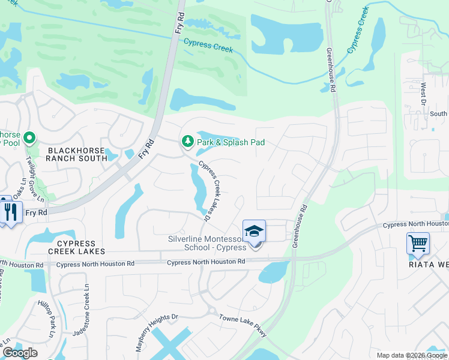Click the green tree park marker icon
187,142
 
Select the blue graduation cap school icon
254,231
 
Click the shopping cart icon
418,244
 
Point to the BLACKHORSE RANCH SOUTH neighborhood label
70,154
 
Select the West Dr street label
423,95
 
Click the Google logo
20,353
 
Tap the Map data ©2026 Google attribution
411,355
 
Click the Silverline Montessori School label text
208,244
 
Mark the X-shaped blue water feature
170,345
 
